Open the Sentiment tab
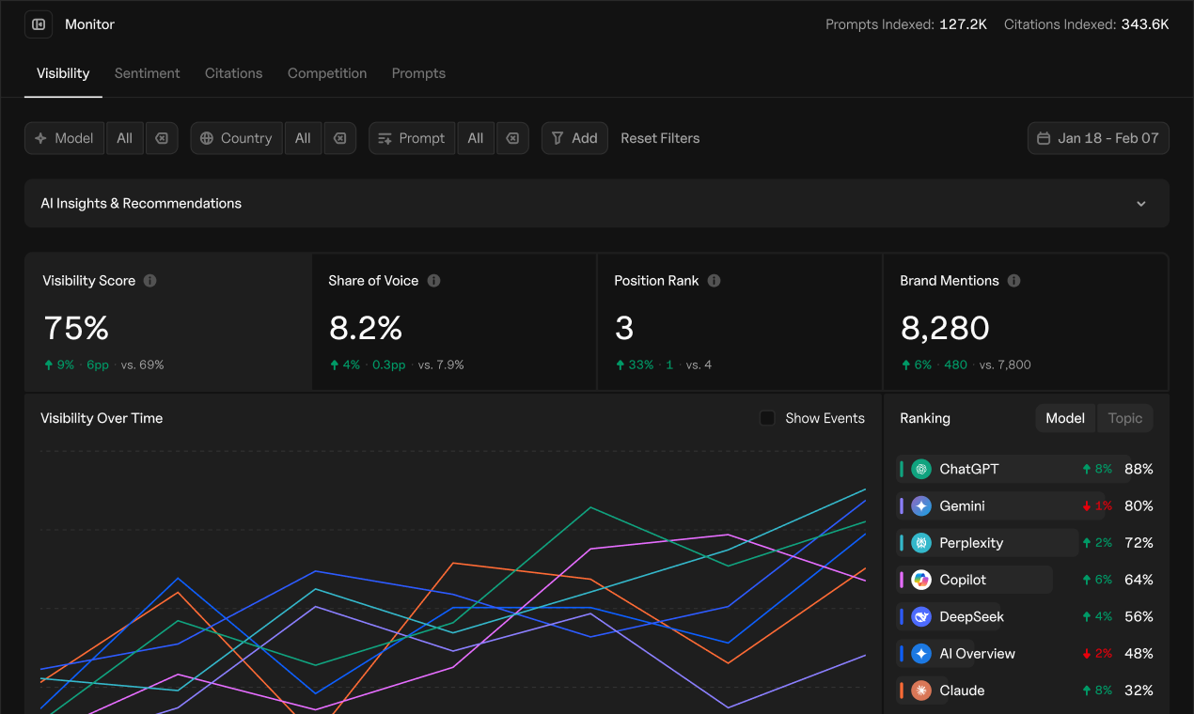tap(147, 73)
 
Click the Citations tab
tap(233, 73)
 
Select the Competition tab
tap(327, 73)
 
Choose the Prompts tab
tap(418, 73)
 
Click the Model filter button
tap(65, 138)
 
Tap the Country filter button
tap(236, 138)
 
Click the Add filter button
tap(574, 138)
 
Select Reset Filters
tap(660, 138)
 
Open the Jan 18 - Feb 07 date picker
tap(1098, 138)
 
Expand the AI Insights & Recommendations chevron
tap(1141, 204)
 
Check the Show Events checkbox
tap(767, 418)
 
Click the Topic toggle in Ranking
tap(1124, 418)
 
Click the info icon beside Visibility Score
tap(150, 281)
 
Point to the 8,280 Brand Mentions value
tap(944, 328)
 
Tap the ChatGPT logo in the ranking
tap(921, 469)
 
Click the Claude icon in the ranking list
tap(921, 691)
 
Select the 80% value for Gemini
tap(1139, 506)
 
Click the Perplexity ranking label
tap(971, 543)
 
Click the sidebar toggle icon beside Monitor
tap(39, 24)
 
